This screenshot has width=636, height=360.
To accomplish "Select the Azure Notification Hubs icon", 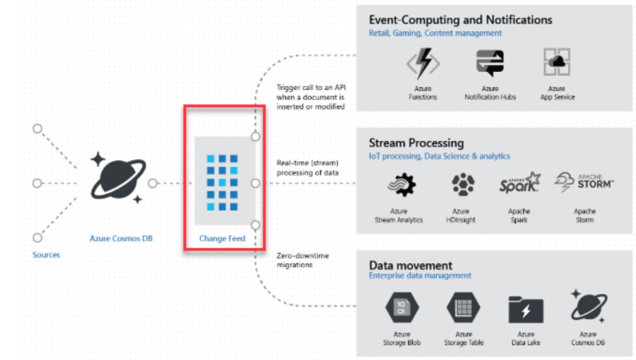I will point(489,63).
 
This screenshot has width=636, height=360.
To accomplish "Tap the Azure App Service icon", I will point(557,63).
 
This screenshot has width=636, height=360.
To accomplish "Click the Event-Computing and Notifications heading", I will point(460,20).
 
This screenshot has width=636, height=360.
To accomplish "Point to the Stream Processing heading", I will point(416,143).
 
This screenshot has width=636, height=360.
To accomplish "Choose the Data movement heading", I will point(410,265).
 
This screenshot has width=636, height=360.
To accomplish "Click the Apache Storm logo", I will point(584,184).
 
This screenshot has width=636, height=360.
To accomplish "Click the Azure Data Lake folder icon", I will point(525,310).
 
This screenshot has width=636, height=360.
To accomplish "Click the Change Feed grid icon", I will point(223,183).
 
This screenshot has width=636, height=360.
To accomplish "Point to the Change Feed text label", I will point(222,239).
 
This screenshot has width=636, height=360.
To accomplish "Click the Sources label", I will point(46,255).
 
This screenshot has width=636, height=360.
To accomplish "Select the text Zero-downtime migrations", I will point(303,260).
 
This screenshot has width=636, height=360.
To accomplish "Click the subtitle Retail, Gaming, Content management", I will point(435,33).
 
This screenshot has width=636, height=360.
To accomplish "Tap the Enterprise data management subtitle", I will point(420,275).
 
